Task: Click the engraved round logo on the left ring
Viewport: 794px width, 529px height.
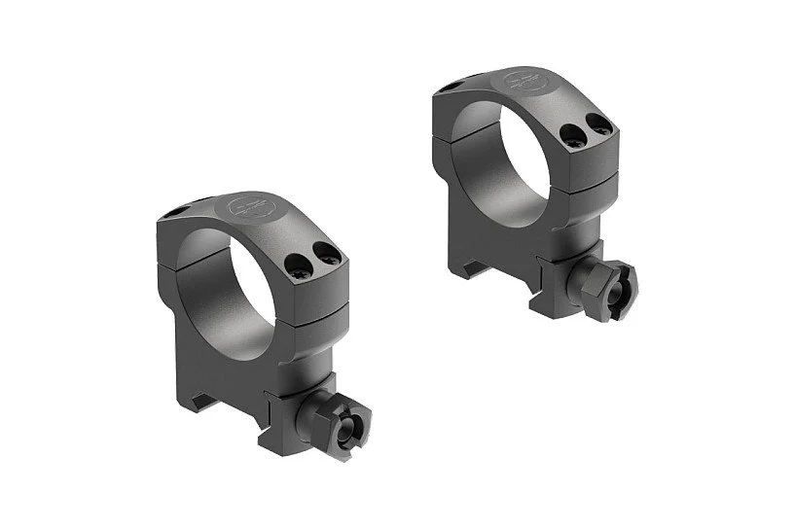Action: (x=241, y=206)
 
